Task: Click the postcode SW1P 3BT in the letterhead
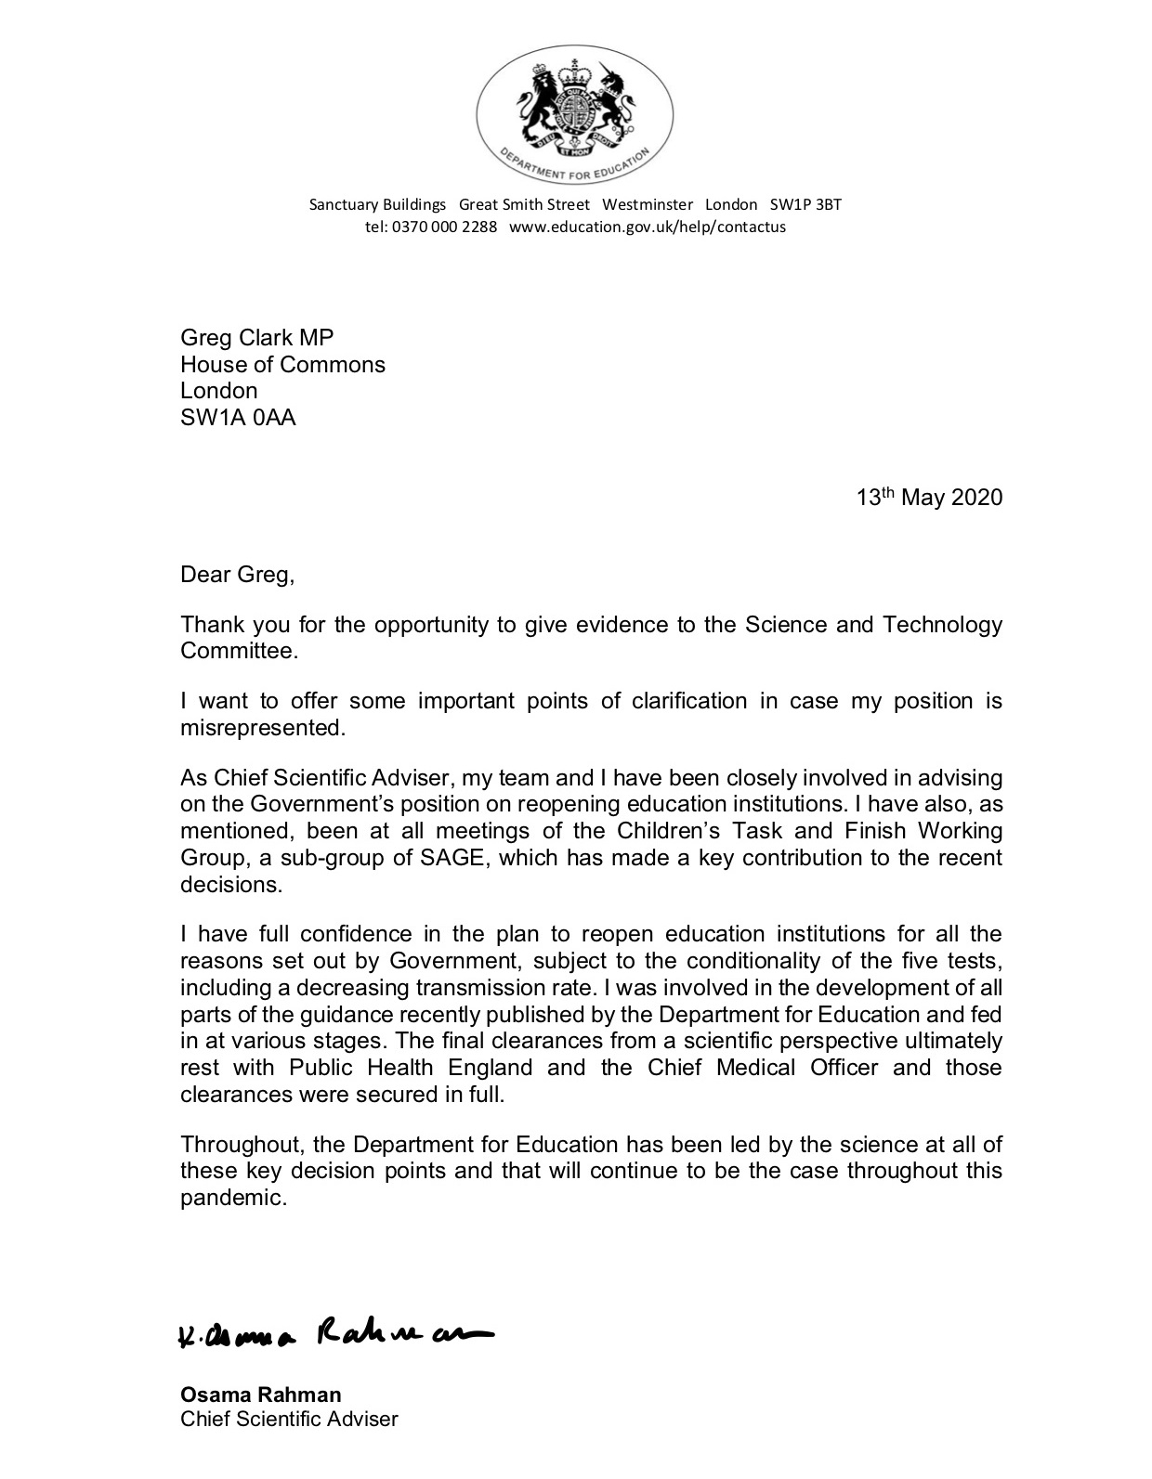click(x=805, y=204)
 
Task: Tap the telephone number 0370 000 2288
click(x=444, y=227)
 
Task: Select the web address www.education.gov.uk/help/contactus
click(x=648, y=227)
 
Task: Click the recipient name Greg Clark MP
click(x=256, y=337)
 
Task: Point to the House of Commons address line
click(x=282, y=364)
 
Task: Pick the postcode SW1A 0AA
click(x=238, y=418)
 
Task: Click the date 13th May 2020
click(x=929, y=498)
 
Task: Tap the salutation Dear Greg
click(x=237, y=575)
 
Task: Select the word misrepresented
click(x=262, y=728)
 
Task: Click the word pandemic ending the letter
click(x=231, y=1198)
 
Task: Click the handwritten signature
click(x=334, y=1334)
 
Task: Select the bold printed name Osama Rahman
click(x=261, y=1395)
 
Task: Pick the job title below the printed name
click(x=289, y=1419)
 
